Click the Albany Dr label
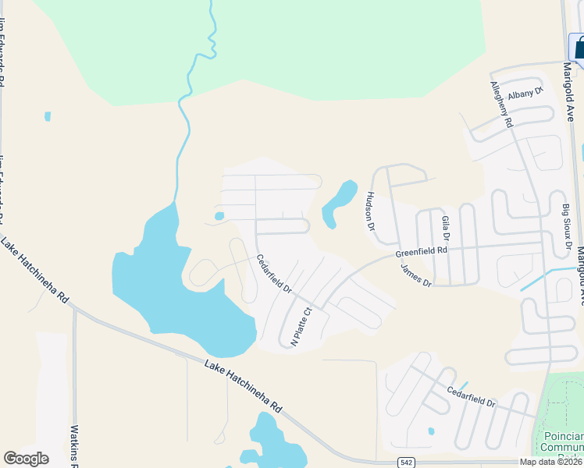525,94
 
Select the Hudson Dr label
371,211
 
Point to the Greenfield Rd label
421,253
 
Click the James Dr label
415,276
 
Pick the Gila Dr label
446,228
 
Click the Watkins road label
76,445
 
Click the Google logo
26,459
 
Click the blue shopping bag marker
579,48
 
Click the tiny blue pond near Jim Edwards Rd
48,116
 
